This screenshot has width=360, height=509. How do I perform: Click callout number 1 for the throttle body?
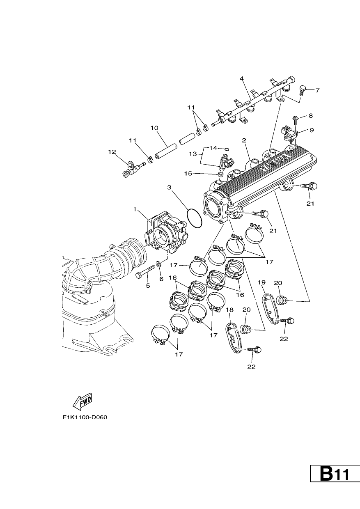tap(135, 209)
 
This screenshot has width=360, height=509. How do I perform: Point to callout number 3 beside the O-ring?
tap(169, 188)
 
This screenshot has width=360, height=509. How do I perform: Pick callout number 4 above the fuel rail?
tap(242, 79)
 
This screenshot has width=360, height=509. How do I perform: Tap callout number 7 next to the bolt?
tap(317, 90)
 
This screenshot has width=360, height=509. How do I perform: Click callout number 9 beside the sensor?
tap(312, 130)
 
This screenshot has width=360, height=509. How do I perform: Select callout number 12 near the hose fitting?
tap(112, 152)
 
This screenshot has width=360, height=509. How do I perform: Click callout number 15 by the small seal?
tap(188, 174)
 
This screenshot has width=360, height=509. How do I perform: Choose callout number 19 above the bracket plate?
tap(262, 282)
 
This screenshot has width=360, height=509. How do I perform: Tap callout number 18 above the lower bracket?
tap(230, 310)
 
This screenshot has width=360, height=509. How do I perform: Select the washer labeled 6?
tap(159, 264)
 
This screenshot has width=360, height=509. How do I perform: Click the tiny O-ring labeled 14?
tap(227, 149)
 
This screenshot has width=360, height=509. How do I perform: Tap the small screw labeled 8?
tap(295, 120)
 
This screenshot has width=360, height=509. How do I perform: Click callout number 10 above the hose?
tap(154, 128)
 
